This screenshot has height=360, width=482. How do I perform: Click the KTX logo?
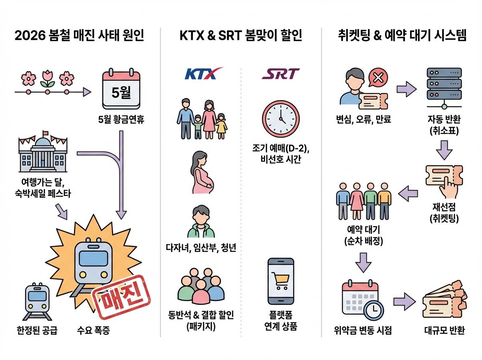pyautogui.click(x=203, y=74)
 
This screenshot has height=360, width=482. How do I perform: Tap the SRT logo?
pyautogui.click(x=280, y=74)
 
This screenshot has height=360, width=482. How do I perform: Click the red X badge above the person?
pyautogui.click(x=378, y=78)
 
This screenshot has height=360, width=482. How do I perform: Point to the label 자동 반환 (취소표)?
pyautogui.click(x=444, y=125)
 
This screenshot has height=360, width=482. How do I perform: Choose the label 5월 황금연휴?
pyautogui.click(x=121, y=119)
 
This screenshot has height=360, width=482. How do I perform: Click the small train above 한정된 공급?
pyautogui.click(x=37, y=299)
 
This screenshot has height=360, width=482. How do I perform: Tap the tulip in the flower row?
pyautogui.click(x=47, y=78)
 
